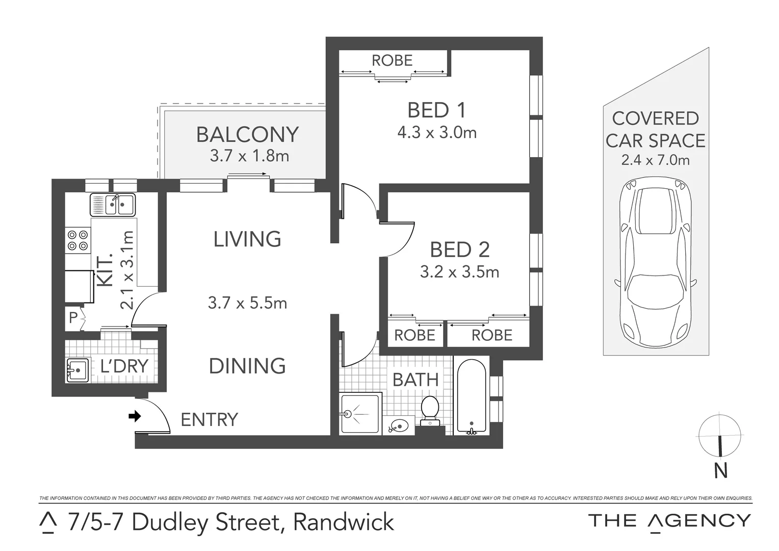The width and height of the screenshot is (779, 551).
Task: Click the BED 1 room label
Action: click(436, 110)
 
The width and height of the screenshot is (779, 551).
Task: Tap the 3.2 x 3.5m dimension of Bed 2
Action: click(459, 272)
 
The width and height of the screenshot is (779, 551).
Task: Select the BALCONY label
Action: click(247, 135)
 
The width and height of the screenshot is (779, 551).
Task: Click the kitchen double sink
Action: click(113, 205)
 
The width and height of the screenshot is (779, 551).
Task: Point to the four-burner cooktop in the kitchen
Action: click(77, 240)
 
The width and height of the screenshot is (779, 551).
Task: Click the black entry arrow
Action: click(135, 416)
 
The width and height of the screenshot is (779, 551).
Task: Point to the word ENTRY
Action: click(210, 419)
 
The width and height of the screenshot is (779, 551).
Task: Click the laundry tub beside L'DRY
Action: click(77, 370)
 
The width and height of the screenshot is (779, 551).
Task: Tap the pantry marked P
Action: click(73, 318)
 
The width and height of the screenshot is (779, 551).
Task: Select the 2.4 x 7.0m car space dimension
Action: click(655, 160)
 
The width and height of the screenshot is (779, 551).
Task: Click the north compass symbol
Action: click(719, 436)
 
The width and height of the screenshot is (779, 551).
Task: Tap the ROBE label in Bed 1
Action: click(392, 60)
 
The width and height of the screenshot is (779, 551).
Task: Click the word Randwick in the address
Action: click(344, 522)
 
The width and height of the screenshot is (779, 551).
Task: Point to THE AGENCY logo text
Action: click(669, 521)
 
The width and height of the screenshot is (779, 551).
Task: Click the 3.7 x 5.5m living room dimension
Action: click(247, 303)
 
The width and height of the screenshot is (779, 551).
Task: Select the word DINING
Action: click(247, 366)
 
